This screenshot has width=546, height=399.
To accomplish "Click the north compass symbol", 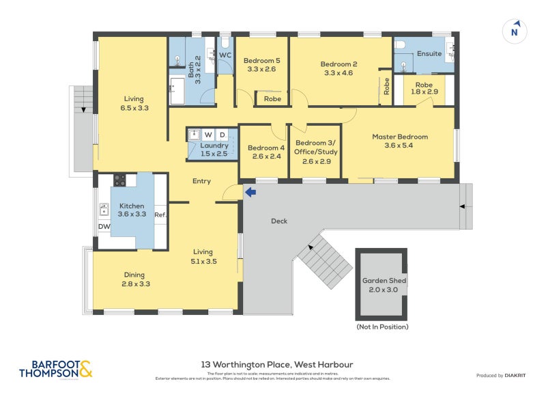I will point(515,31).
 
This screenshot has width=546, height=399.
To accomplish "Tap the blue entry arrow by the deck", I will point(250,193).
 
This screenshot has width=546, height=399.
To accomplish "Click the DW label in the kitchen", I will point(104,226).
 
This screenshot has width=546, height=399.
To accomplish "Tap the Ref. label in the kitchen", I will point(160,215).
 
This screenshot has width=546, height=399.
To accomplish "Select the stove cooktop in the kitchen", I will point(119,180).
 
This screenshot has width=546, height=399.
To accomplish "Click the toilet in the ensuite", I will point(403,44).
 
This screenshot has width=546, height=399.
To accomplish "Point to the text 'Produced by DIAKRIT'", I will point(500,375).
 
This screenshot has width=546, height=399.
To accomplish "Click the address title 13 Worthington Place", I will point(276,365).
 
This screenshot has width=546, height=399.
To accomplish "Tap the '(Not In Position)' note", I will point(382,327).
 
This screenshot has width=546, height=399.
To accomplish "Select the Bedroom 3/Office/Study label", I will point(315,152).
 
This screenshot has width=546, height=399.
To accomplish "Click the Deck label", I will point(279,221).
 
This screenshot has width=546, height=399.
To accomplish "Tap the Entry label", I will point(201,181).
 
